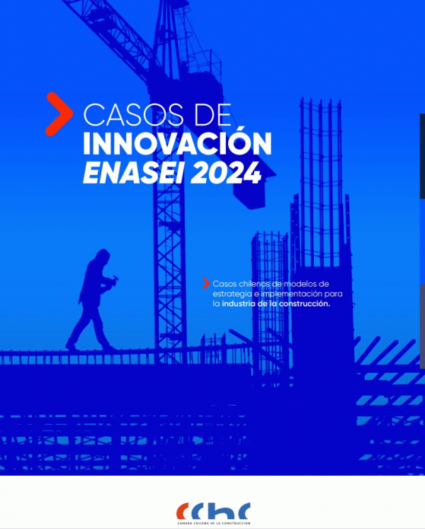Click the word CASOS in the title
[133, 115]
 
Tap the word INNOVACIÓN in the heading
[177, 143]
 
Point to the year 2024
[226, 172]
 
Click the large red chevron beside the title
[59, 114]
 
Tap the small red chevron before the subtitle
[206, 284]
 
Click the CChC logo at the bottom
[213, 511]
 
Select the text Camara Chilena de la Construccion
[214, 523]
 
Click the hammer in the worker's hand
[114, 279]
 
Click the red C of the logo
[182, 511]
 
